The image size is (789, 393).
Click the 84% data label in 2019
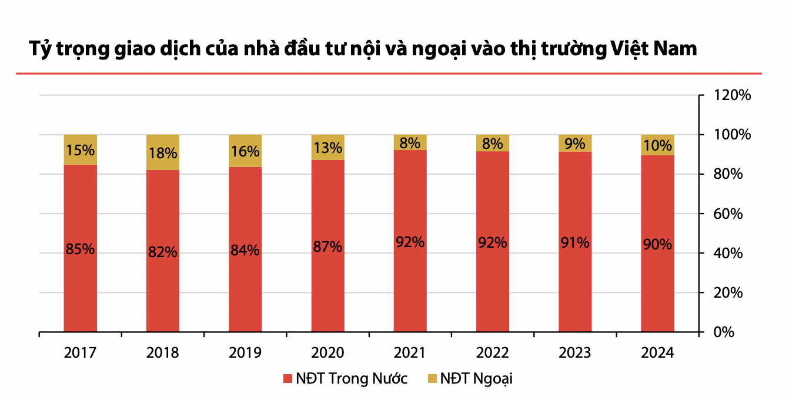pyautogui.click(x=245, y=250)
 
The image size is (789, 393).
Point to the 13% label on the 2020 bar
pyautogui.click(x=327, y=148)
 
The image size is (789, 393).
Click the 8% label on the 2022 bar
pyautogui.click(x=493, y=144)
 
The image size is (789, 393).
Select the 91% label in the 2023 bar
pyautogui.click(x=575, y=242)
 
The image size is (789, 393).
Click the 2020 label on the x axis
pyautogui.click(x=327, y=353)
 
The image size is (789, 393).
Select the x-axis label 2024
pyautogui.click(x=657, y=353)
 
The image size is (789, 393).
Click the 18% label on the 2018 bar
pyautogui.click(x=163, y=154)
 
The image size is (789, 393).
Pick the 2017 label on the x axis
pyautogui.click(x=81, y=353)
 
